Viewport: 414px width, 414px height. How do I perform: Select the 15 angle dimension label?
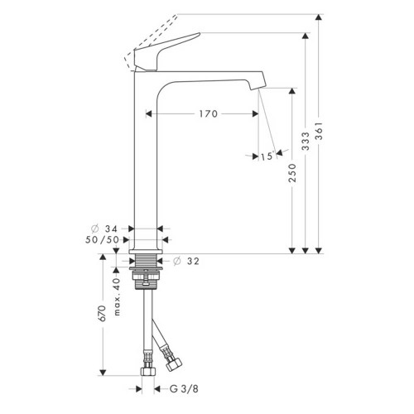(x=265, y=156)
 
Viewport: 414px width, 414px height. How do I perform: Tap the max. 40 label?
(x=118, y=294)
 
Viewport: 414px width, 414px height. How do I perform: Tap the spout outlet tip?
(x=258, y=84)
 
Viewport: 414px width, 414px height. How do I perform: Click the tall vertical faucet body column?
(x=145, y=157)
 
